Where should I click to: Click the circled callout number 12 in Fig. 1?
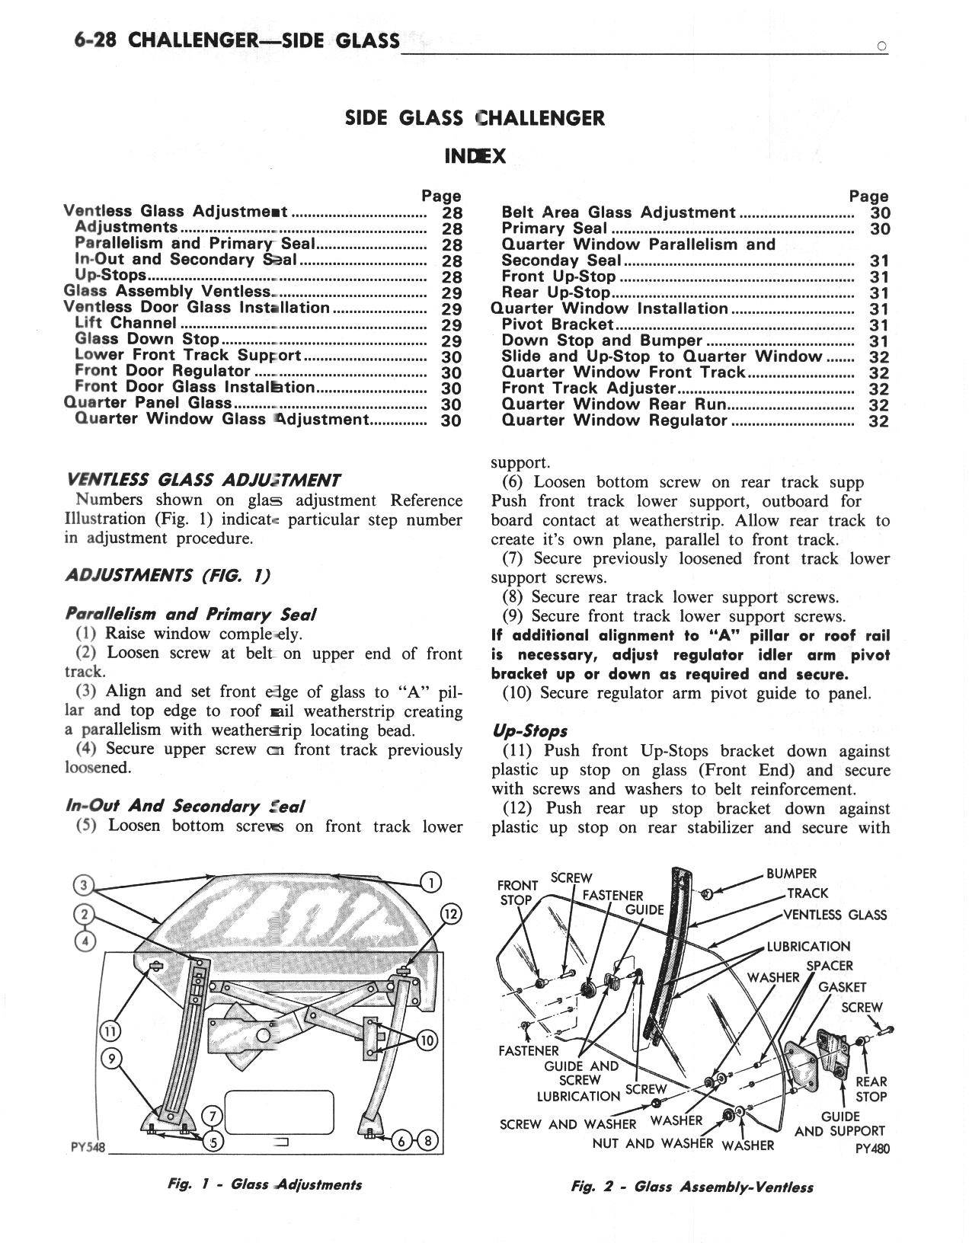point(450,915)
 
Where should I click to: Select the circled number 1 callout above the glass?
point(431,883)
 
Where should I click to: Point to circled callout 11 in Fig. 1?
point(110,1031)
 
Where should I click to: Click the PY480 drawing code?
point(873,1149)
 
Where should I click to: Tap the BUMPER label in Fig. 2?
point(792,874)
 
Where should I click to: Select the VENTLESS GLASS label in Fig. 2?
point(835,915)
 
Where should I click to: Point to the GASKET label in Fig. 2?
point(842,987)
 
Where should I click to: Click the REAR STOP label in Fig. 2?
point(871,1089)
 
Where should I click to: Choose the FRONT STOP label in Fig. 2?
point(517,892)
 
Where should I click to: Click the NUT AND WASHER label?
point(652,1143)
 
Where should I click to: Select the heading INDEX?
point(475,156)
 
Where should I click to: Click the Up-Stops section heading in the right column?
point(529,731)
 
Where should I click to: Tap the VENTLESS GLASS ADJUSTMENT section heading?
point(203,480)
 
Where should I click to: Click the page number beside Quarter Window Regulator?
point(878,421)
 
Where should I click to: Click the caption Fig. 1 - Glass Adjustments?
point(265,1184)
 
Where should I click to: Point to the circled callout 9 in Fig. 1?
point(111,1058)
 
